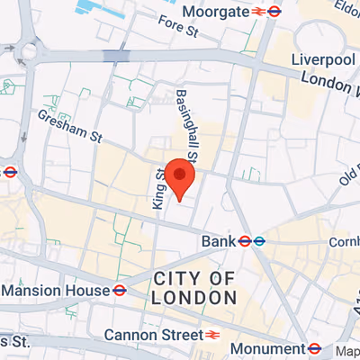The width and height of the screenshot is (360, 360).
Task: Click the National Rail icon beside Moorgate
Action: point(258,12)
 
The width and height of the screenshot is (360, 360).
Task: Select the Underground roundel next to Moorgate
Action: point(274,12)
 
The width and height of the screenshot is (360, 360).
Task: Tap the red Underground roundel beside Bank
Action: point(244,241)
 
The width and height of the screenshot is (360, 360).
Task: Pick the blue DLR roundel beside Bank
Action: point(258,241)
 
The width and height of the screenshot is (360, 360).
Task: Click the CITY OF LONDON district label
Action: point(194,287)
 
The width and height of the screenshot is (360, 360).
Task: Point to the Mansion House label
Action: point(55,291)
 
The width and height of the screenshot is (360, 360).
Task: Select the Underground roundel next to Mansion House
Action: point(119,290)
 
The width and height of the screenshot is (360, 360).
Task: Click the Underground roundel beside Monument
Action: point(314,348)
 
